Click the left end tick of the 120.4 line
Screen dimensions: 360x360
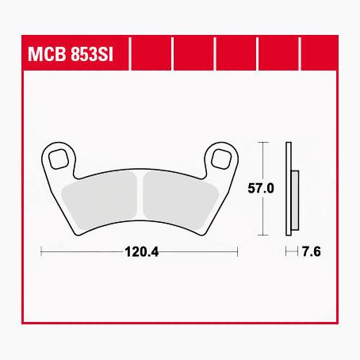40,251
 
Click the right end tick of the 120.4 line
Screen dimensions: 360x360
239,251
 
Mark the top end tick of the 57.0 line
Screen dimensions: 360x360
262,144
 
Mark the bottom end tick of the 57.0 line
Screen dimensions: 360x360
262,237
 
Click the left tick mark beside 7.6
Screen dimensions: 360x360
285,251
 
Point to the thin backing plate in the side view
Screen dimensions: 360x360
289,190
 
